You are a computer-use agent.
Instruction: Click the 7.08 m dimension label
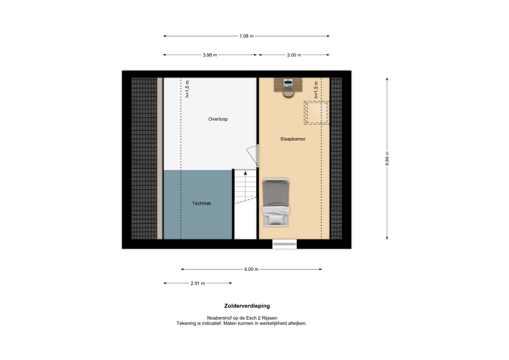pos(246,36)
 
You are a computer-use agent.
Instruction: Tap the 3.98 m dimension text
pos(210,55)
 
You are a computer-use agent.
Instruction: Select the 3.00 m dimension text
pos(294,55)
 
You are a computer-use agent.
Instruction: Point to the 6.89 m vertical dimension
pos(387,159)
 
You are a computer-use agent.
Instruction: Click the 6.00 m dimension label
pos(251,269)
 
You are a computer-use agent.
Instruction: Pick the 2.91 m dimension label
pos(198,283)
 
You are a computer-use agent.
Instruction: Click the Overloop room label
pos(218,119)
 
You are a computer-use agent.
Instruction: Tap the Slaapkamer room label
pos(293,139)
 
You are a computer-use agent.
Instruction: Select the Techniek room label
pos(202,203)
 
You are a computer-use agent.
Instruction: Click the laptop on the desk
pos(288,83)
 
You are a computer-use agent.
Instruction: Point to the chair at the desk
pos(288,95)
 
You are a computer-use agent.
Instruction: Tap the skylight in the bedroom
pos(317,113)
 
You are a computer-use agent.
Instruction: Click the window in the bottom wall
pos(284,244)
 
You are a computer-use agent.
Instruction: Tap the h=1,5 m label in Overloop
pos(187,89)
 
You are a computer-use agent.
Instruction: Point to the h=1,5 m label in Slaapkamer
pos(316,90)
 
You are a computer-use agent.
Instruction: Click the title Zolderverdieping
pos(247,306)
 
